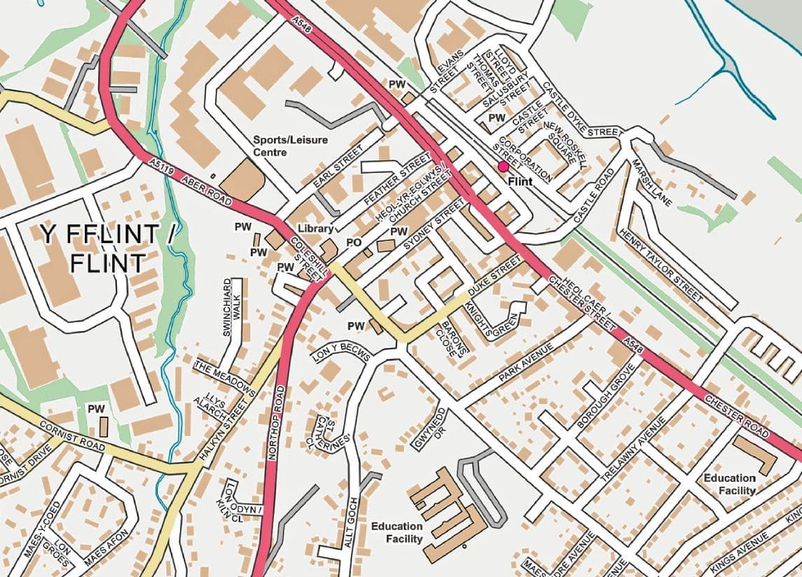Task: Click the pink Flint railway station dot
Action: click(x=503, y=167)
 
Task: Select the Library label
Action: click(x=314, y=229)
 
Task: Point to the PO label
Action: click(x=354, y=242)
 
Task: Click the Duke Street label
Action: click(x=495, y=279)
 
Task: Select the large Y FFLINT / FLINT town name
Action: click(x=109, y=249)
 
